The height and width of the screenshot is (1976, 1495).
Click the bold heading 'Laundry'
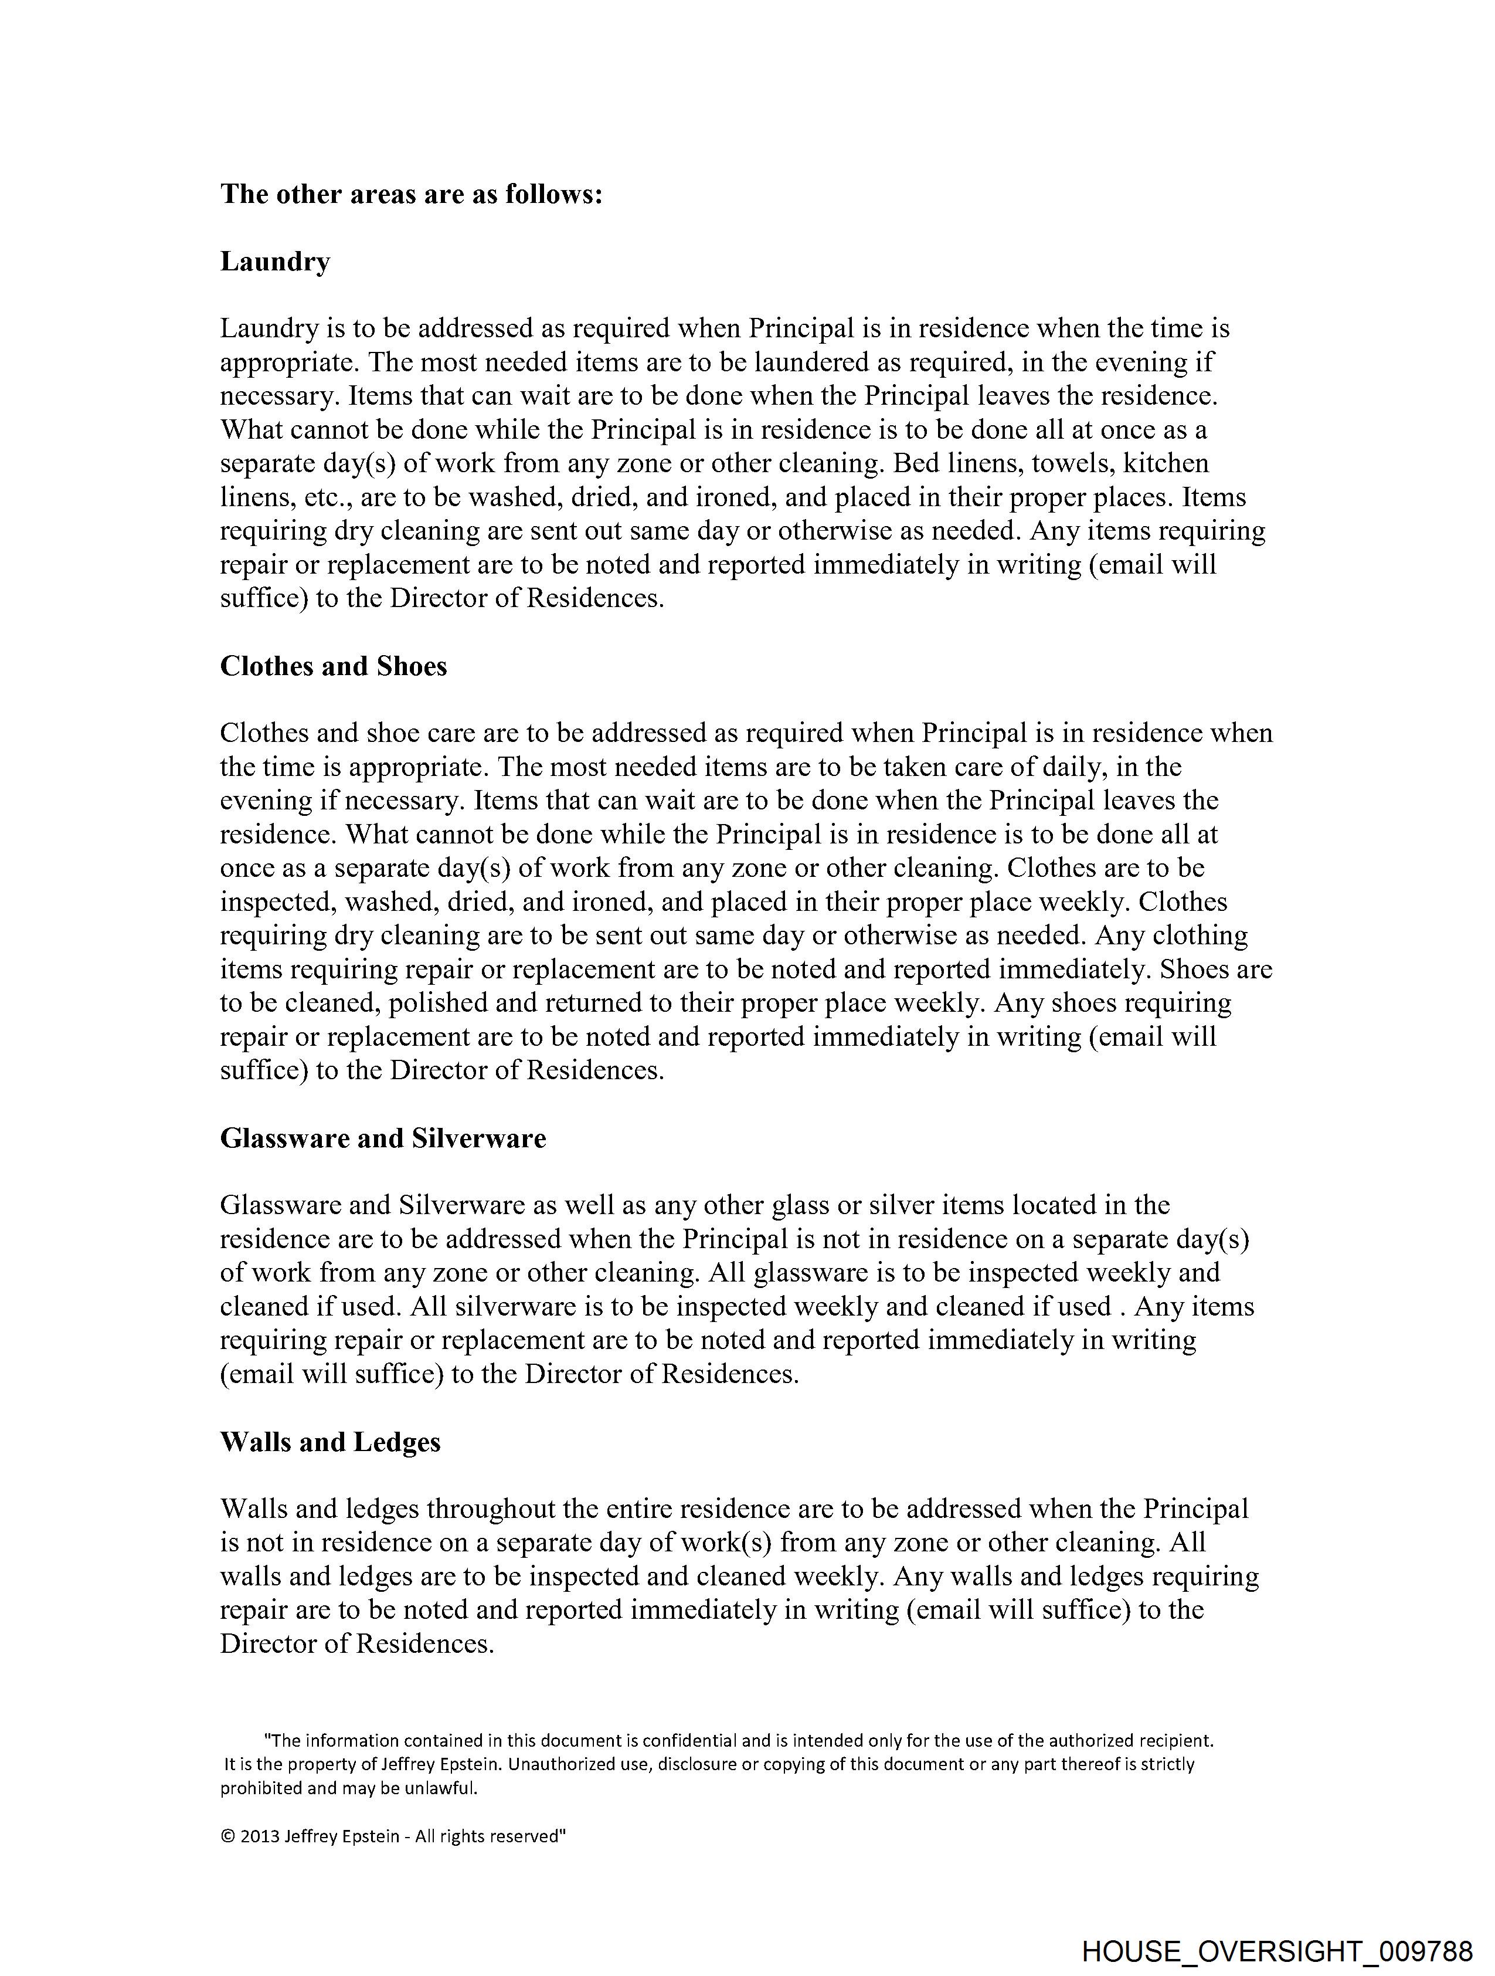tap(275, 262)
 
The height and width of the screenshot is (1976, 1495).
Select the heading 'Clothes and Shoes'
tap(333, 666)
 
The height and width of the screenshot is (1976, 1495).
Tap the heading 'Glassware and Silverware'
tap(383, 1138)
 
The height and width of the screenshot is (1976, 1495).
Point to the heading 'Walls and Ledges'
tap(331, 1442)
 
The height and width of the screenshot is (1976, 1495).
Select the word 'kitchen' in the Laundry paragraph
tap(1166, 463)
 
